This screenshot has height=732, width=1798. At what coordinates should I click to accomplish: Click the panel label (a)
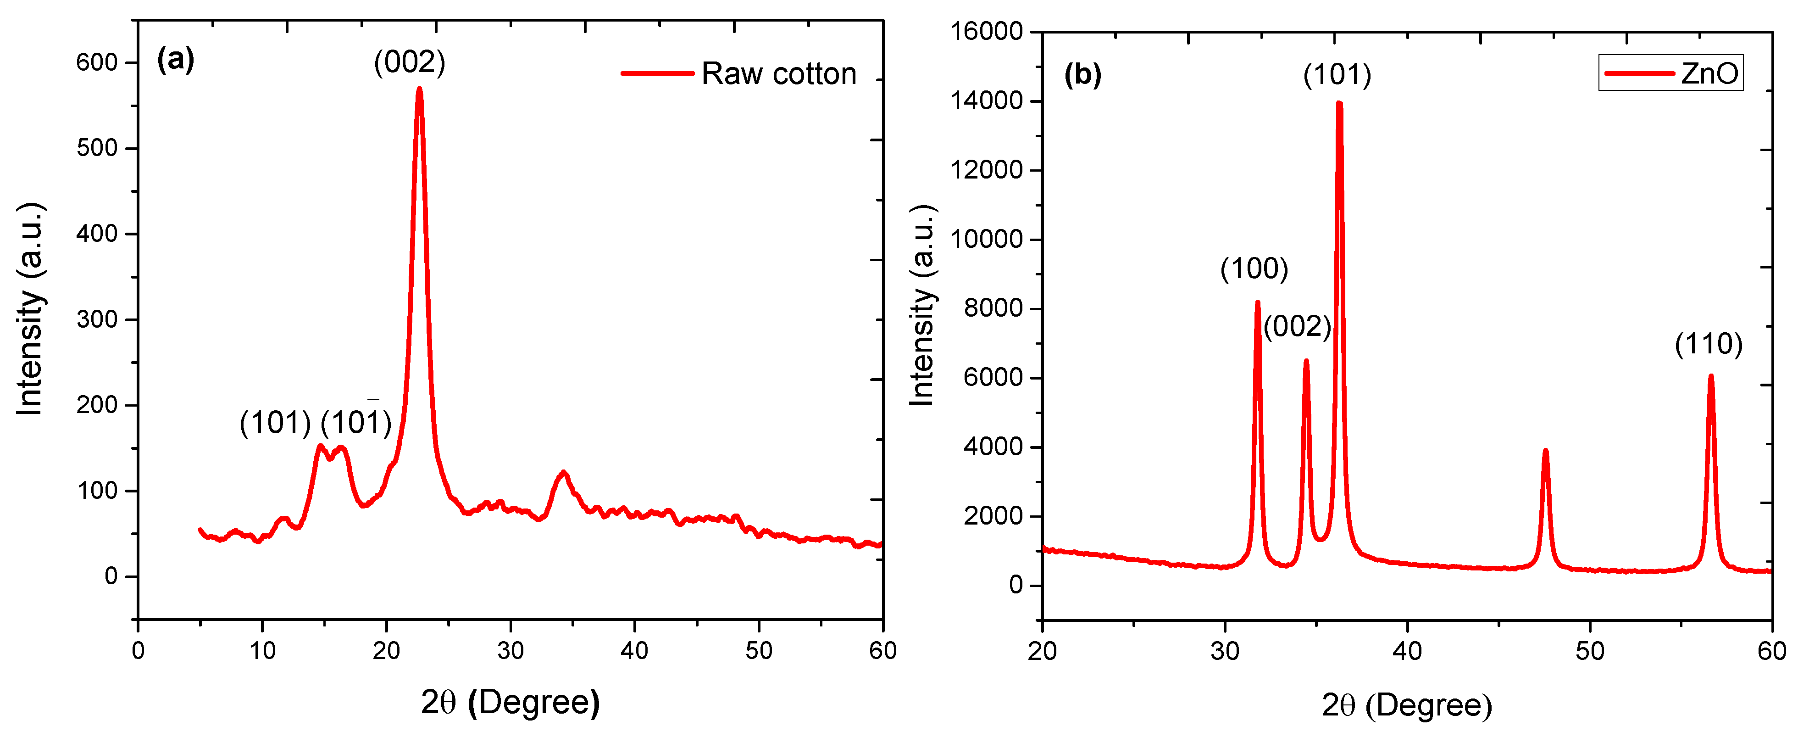click(x=175, y=59)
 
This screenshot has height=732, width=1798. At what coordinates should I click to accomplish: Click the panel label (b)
click(x=1082, y=74)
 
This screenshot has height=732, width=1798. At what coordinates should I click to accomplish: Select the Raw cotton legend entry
click(x=740, y=73)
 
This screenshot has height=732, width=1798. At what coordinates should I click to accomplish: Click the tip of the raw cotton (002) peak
click(x=420, y=89)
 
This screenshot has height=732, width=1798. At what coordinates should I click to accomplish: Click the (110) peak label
click(x=1708, y=344)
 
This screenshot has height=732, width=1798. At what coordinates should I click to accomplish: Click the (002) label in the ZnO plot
click(x=1297, y=326)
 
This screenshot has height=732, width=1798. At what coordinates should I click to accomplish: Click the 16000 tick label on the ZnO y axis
click(x=986, y=31)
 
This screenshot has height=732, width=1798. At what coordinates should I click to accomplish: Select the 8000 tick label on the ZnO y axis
click(x=993, y=308)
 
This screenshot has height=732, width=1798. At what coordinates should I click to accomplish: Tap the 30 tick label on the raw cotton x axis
click(x=510, y=651)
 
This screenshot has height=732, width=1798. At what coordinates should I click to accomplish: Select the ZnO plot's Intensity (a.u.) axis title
click(x=922, y=305)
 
